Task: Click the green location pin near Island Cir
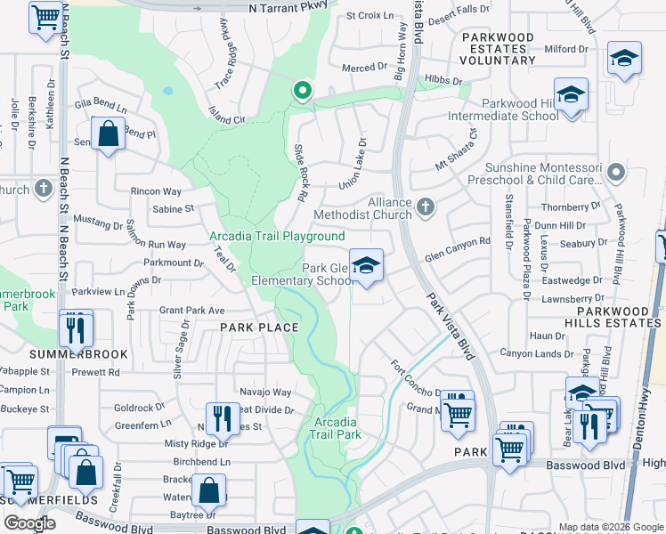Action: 303,90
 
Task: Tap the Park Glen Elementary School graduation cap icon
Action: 365,265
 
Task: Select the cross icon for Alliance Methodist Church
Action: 426,207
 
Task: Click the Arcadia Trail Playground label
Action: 277,236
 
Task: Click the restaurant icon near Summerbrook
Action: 77,328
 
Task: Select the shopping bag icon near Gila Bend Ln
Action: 108,135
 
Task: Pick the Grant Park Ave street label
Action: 192,311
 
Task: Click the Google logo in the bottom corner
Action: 29,522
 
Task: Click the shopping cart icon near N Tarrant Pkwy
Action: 45,16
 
